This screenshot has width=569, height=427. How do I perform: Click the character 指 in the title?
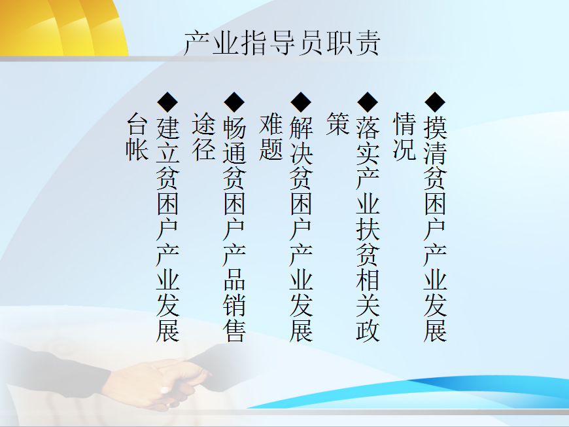(x=254, y=43)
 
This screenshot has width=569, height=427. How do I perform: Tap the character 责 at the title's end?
(x=368, y=43)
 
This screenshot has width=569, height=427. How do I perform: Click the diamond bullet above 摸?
(x=435, y=102)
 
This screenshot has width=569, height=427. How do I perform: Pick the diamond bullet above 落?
(x=368, y=102)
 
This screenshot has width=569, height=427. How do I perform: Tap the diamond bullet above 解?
(x=301, y=102)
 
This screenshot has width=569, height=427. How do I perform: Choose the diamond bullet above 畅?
(x=234, y=102)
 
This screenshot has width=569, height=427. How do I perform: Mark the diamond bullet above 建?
(x=167, y=102)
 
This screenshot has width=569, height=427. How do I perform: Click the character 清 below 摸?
(x=435, y=153)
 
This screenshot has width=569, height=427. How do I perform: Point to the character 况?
(x=404, y=149)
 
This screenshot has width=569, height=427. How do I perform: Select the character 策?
(x=337, y=124)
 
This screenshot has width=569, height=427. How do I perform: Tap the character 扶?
(x=368, y=229)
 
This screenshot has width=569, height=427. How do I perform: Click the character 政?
(x=368, y=330)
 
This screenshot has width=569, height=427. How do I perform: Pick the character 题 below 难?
(x=271, y=149)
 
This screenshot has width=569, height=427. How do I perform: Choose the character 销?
(x=234, y=305)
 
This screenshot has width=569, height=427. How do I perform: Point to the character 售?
(x=234, y=330)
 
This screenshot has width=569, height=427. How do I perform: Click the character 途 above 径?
(x=203, y=124)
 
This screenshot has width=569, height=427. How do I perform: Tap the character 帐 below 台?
(x=137, y=149)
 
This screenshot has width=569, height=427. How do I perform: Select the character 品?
(x=234, y=280)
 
